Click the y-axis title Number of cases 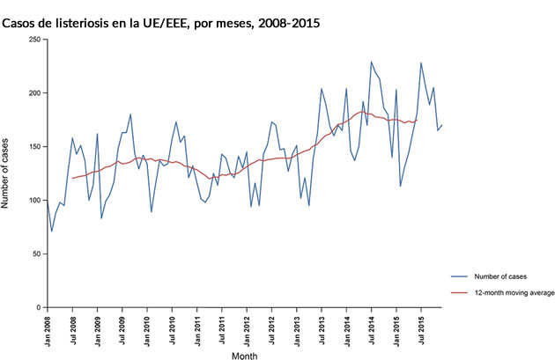[x=8, y=173]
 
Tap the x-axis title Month [x=244, y=356]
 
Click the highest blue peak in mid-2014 [x=371, y=62]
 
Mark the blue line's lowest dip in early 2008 [x=51, y=231]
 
